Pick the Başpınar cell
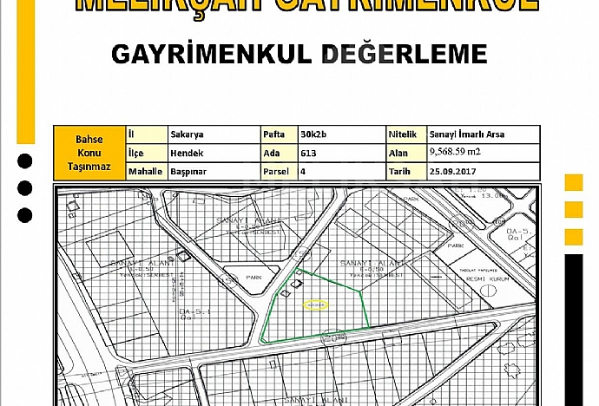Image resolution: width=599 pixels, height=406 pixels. pos(189,172)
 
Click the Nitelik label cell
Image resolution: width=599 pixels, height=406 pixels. pos(405,134)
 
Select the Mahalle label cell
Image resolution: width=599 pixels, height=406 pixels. pos(145,172)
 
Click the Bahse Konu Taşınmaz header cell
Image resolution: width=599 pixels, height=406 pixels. pos(89,153)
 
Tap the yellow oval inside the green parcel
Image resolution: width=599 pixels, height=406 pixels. pos(316,304)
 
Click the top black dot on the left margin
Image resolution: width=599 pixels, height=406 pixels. pos(25,160)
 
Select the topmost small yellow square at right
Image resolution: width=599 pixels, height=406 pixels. pos(574,182)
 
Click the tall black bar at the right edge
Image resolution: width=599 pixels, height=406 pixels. pos(574,330)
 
